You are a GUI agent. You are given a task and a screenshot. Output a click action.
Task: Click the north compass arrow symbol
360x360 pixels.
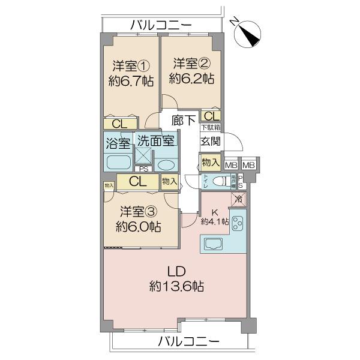(247, 32)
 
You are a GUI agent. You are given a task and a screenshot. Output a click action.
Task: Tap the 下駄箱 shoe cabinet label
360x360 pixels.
(210, 128)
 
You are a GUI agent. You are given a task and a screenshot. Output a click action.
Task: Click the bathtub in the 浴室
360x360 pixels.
(119, 163)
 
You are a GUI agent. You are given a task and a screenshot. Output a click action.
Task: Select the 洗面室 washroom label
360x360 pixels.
(155, 142)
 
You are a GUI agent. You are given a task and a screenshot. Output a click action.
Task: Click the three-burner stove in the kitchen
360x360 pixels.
(237, 223)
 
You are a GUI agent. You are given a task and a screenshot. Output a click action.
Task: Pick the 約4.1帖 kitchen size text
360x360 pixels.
(214, 221)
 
